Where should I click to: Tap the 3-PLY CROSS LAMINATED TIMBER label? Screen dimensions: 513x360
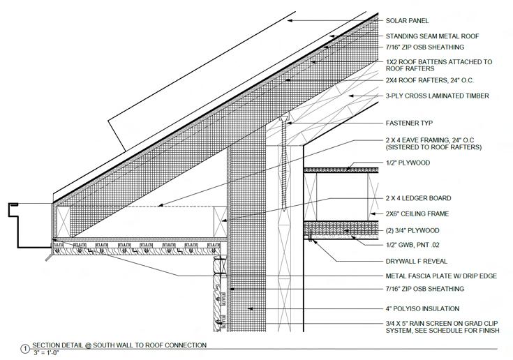[x=438, y=96]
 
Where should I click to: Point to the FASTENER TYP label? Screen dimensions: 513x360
[x=409, y=123]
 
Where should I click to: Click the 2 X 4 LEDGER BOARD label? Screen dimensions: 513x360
[x=418, y=198]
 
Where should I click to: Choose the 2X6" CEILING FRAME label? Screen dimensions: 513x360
[x=417, y=213]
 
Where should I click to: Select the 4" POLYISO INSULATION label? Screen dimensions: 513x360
[x=422, y=308]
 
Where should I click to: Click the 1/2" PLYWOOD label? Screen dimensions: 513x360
[x=408, y=163]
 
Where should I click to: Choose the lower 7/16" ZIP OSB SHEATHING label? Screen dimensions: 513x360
[x=424, y=289]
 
